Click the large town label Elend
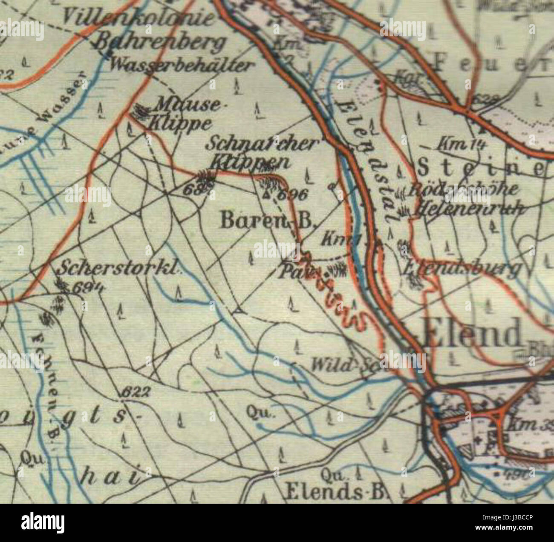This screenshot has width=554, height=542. pyautogui.click(x=472, y=333)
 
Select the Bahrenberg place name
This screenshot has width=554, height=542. pyautogui.click(x=160, y=42)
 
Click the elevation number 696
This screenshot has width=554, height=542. pyautogui.click(x=292, y=195)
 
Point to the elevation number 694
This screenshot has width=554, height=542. pyautogui.click(x=87, y=288)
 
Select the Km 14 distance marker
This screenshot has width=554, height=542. pyautogui.click(x=458, y=145)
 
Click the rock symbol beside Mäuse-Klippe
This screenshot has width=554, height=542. pyautogui.click(x=138, y=111)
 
